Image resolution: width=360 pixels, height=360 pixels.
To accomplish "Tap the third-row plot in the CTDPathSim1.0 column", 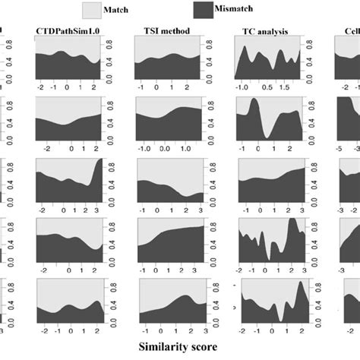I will [x=68, y=179].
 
